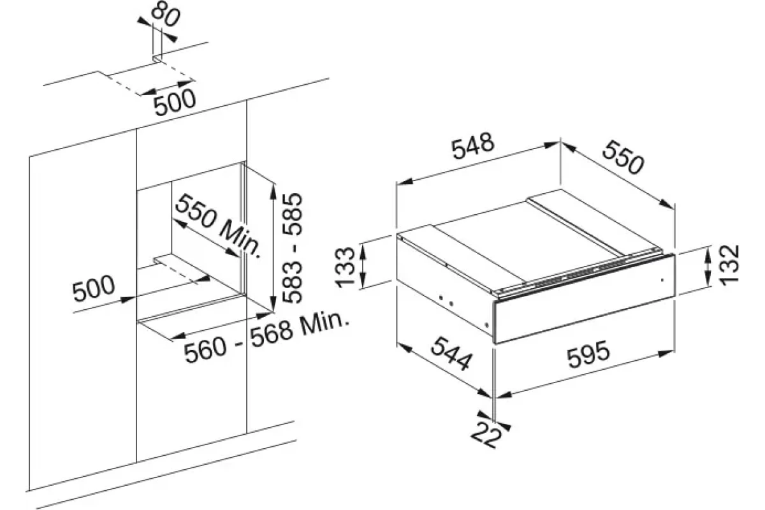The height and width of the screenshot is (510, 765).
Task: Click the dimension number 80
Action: (165, 15)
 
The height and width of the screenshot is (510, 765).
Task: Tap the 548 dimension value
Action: (472, 146)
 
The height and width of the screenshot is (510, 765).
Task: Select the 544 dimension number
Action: (452, 354)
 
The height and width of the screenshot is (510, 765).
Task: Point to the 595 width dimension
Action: (588, 354)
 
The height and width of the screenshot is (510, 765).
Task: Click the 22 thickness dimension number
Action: (486, 435)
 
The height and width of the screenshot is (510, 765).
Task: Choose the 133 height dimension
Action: (345, 267)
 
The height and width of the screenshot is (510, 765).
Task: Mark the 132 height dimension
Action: (729, 265)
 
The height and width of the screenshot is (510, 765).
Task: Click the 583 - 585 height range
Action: (293, 249)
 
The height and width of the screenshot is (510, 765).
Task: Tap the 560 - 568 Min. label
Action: (266, 337)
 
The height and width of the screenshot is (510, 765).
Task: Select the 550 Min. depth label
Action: (219, 225)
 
